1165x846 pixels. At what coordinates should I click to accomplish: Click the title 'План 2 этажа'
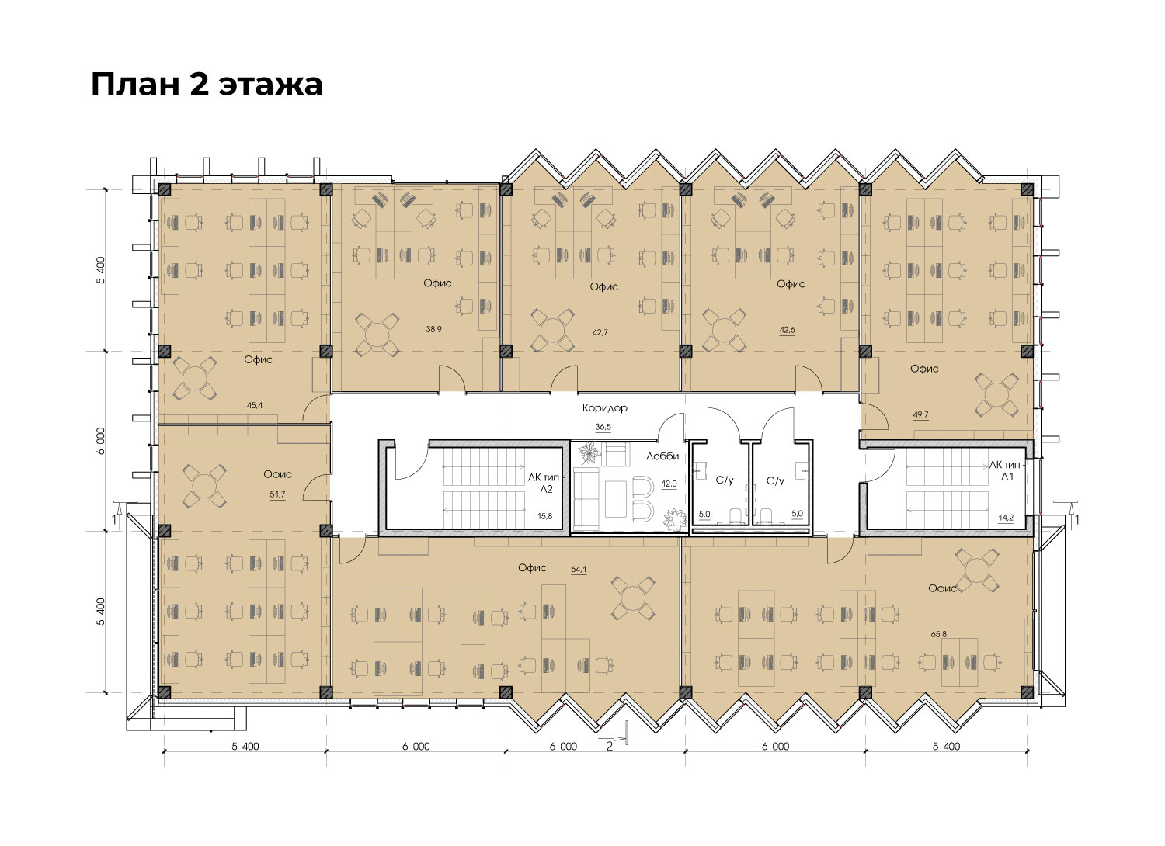coord(207,84)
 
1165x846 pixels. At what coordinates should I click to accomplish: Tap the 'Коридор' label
coord(604,408)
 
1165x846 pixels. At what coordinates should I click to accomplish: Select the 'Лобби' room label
coord(662,456)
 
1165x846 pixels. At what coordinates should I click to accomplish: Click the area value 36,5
coord(603,427)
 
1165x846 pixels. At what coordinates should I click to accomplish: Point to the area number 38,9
coord(433,329)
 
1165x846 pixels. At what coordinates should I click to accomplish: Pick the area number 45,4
coord(254,405)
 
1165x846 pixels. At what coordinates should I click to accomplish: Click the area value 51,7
coord(277,494)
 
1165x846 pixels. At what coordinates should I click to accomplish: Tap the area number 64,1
coord(579,569)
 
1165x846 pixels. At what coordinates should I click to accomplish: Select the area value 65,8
coord(939,634)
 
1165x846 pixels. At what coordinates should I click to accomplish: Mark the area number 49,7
coord(920,414)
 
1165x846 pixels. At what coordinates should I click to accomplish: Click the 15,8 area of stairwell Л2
coord(544,516)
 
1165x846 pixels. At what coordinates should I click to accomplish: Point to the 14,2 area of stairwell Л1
coord(1005,517)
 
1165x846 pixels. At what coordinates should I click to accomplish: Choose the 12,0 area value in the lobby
coord(669,484)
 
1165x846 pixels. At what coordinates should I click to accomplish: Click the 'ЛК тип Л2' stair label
coord(544,483)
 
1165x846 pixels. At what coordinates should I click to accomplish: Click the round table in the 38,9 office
coord(377,335)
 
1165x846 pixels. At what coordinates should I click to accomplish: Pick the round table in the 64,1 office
coord(632,598)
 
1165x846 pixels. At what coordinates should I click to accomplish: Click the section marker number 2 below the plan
coord(610,747)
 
